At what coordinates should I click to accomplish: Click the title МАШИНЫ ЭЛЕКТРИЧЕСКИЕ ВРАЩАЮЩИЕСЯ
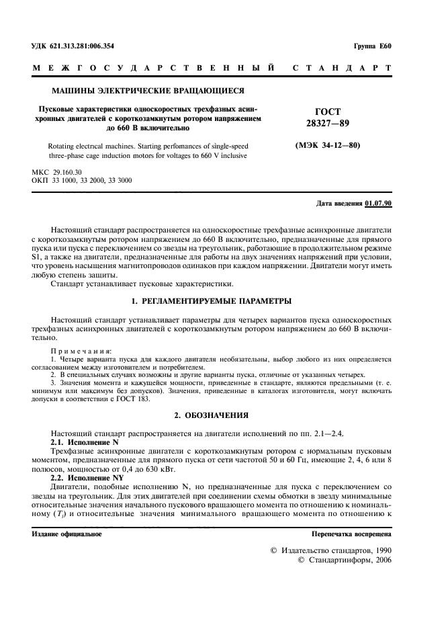tap(148, 91)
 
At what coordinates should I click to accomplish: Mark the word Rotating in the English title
tap(64, 145)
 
